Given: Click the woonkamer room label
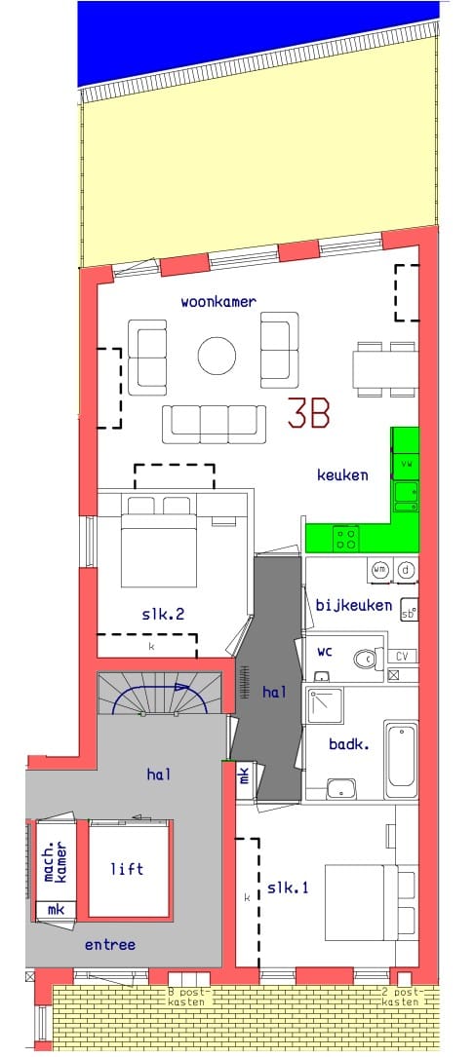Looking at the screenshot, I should tap(218, 302).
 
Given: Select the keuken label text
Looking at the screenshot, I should tap(342, 475).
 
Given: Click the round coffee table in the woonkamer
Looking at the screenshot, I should tap(217, 356).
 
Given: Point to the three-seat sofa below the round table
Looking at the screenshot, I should tap(214, 421).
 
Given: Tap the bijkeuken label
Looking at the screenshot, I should tap(353, 605).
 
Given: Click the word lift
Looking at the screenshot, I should tap(127, 869).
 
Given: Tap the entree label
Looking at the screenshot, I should tap(109, 945).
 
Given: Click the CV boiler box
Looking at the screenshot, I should tap(402, 656).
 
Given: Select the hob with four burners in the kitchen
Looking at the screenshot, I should tap(346, 537).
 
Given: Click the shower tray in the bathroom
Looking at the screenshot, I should tap(325, 705).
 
